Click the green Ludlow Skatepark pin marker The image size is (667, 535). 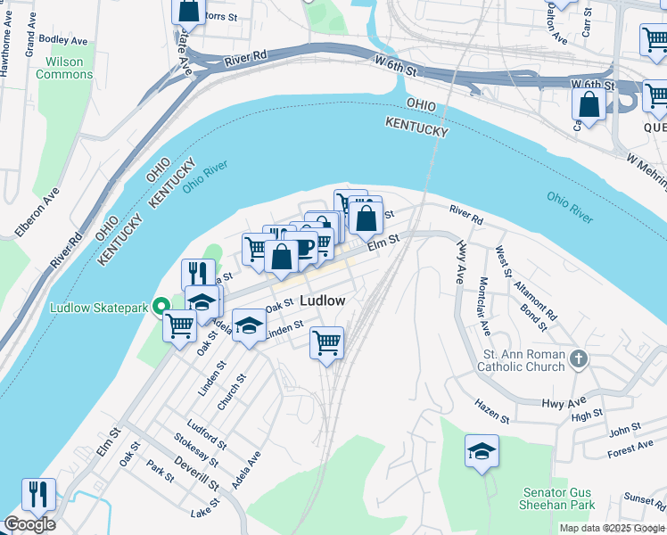pos(161,308)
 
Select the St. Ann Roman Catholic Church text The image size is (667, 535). pos(521,360)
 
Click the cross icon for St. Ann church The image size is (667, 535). pos(579,358)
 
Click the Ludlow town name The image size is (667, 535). pos(322,300)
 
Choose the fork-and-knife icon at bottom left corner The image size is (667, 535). pos(38,493)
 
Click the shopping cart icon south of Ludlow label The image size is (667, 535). pos(327,342)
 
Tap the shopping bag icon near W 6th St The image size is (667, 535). pos(589,103)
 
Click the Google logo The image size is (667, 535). pos(29,524)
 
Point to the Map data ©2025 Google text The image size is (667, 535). pos(612,528)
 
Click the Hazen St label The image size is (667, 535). pos(491,413)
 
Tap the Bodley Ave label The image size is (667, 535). pos(63,40)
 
